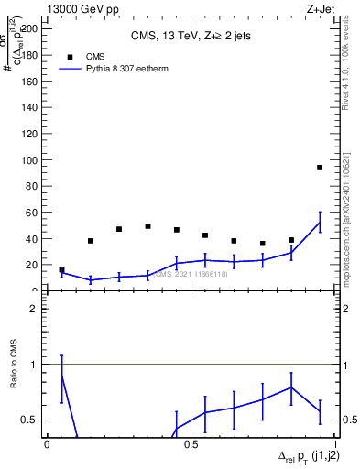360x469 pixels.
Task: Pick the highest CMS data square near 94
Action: tap(320, 168)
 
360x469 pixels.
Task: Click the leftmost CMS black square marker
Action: tap(61, 270)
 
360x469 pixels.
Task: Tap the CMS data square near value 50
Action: tap(147, 226)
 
